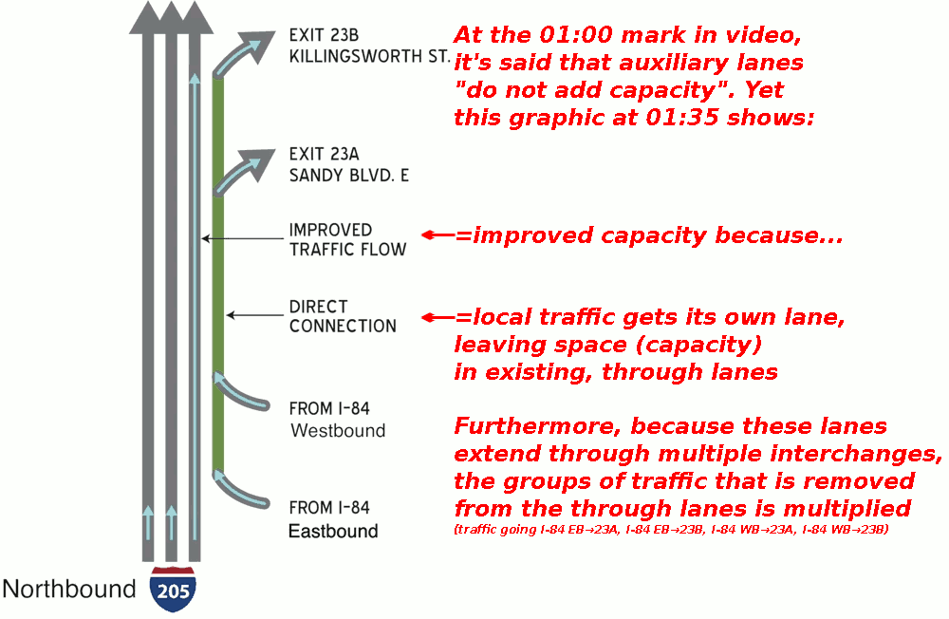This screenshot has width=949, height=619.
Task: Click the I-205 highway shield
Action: (173, 590)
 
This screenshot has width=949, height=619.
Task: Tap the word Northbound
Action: (69, 590)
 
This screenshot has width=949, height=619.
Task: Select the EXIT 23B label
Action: (324, 35)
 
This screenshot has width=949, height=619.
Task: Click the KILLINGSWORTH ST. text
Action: (369, 56)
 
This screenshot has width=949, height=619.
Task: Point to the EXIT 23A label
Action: (324, 154)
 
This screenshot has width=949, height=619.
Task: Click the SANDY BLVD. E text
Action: (349, 176)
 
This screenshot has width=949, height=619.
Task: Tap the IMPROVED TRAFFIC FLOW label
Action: (347, 240)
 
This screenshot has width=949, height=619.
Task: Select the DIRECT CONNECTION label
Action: (343, 316)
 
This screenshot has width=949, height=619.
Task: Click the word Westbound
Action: (338, 431)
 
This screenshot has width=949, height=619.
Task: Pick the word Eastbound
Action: (333, 531)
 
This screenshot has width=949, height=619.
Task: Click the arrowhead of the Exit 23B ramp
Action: (259, 44)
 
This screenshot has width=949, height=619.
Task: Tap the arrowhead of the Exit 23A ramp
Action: (259, 162)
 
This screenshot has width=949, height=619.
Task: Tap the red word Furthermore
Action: (537, 426)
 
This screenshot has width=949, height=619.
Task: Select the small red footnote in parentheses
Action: (671, 530)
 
